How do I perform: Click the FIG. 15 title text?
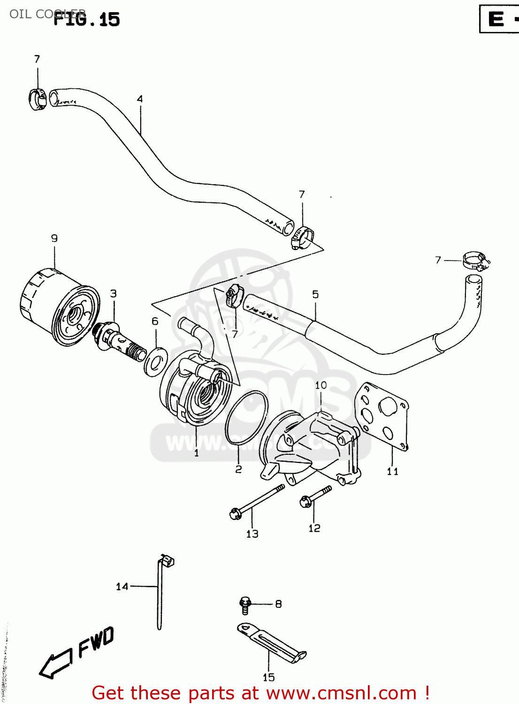87,19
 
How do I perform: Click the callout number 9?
54,238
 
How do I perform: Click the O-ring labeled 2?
246,418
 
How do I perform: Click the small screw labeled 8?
245,605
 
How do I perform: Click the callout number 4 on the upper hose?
140,99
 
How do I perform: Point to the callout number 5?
315,294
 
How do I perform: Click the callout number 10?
321,385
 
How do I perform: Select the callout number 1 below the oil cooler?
196,453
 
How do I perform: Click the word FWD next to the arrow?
96,642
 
